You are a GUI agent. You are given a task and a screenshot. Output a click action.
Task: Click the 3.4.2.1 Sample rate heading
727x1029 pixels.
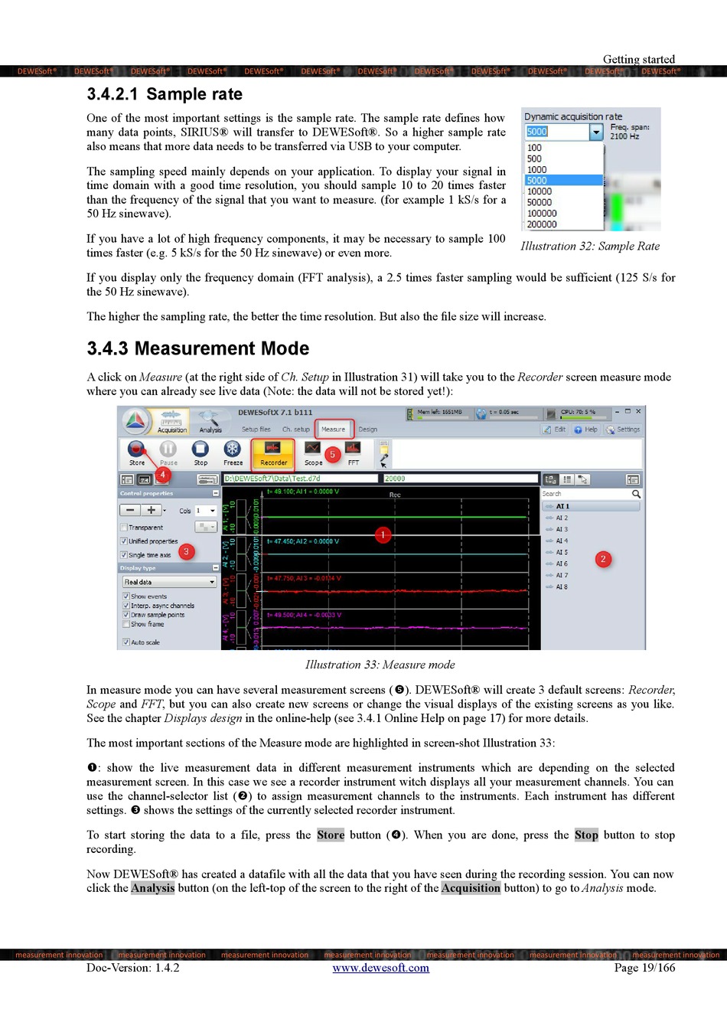(x=165, y=94)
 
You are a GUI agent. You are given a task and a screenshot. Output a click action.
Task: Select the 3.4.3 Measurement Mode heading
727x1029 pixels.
(x=197, y=348)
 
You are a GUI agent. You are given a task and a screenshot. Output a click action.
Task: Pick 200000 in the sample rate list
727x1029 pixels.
(x=542, y=224)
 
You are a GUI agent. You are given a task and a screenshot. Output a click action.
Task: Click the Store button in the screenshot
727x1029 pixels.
(x=137, y=451)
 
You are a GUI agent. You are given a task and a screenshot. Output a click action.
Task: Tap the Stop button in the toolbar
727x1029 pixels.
(x=200, y=451)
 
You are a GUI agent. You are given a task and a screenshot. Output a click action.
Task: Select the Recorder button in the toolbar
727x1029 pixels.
(x=273, y=452)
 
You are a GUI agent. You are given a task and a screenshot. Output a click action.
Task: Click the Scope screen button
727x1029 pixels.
(x=313, y=452)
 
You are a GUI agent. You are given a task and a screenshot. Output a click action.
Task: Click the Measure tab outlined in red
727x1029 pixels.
(x=333, y=430)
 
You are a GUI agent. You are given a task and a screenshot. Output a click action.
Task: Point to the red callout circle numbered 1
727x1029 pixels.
(x=383, y=534)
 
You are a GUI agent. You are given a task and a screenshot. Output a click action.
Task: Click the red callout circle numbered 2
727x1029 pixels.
(x=603, y=559)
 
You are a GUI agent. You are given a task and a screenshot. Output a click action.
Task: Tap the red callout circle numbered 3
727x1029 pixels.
(x=186, y=551)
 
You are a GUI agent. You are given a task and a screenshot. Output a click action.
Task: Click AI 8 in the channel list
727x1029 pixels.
(x=562, y=587)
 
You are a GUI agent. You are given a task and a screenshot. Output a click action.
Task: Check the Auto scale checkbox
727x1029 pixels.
(x=126, y=642)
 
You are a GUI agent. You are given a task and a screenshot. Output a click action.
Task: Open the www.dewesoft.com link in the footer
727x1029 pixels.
(x=380, y=968)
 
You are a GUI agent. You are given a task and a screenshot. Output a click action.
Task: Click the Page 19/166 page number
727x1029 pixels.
(x=644, y=968)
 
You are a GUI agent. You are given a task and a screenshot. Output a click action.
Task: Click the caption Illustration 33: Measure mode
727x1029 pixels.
(x=380, y=665)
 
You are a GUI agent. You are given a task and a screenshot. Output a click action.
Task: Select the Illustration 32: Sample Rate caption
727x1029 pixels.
(x=590, y=246)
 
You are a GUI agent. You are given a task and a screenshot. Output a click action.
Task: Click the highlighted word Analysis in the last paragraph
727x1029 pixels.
(x=153, y=888)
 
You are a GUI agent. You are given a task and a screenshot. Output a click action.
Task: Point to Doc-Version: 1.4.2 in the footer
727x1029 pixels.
(x=133, y=968)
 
